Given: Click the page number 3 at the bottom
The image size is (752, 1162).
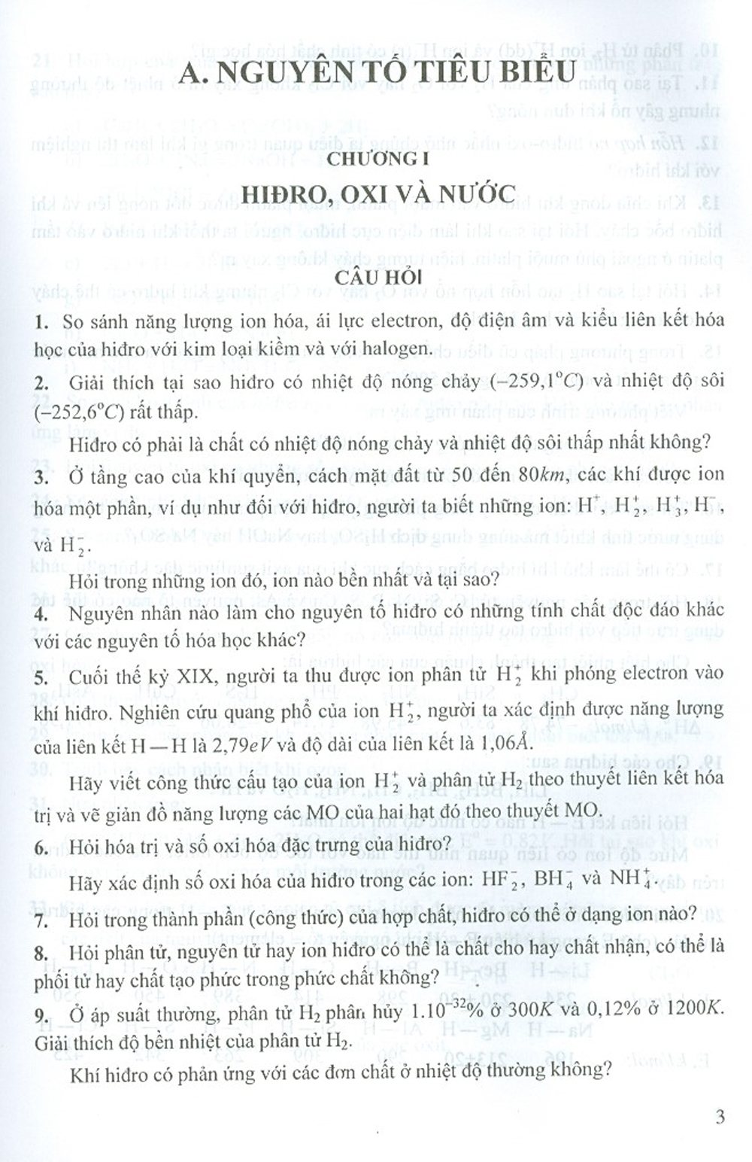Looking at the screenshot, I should (x=720, y=1116).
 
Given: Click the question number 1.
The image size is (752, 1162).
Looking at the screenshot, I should (x=41, y=322).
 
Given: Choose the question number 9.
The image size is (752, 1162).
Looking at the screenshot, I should (x=41, y=1016).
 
